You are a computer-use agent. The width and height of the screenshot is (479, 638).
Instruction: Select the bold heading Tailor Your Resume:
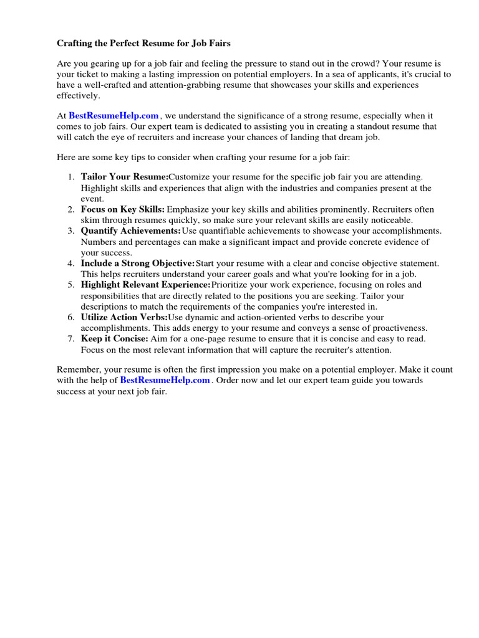pyautogui.click(x=125, y=177)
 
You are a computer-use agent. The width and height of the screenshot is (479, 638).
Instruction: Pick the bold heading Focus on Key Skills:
pyautogui.click(x=123, y=209)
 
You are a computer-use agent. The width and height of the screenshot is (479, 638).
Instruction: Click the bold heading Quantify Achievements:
pyautogui.click(x=130, y=231)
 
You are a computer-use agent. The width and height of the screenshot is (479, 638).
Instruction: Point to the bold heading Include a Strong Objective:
pyautogui.click(x=138, y=264)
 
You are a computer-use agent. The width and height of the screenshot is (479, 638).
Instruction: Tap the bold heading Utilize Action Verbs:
pyautogui.click(x=124, y=317)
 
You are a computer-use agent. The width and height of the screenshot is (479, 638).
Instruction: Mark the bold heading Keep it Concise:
pyautogui.click(x=115, y=338)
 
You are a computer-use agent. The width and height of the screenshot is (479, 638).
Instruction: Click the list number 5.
pyautogui.click(x=71, y=285)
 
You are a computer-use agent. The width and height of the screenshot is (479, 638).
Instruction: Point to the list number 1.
pyautogui.click(x=71, y=177)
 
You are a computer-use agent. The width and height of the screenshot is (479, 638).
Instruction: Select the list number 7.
pyautogui.click(x=71, y=338)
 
